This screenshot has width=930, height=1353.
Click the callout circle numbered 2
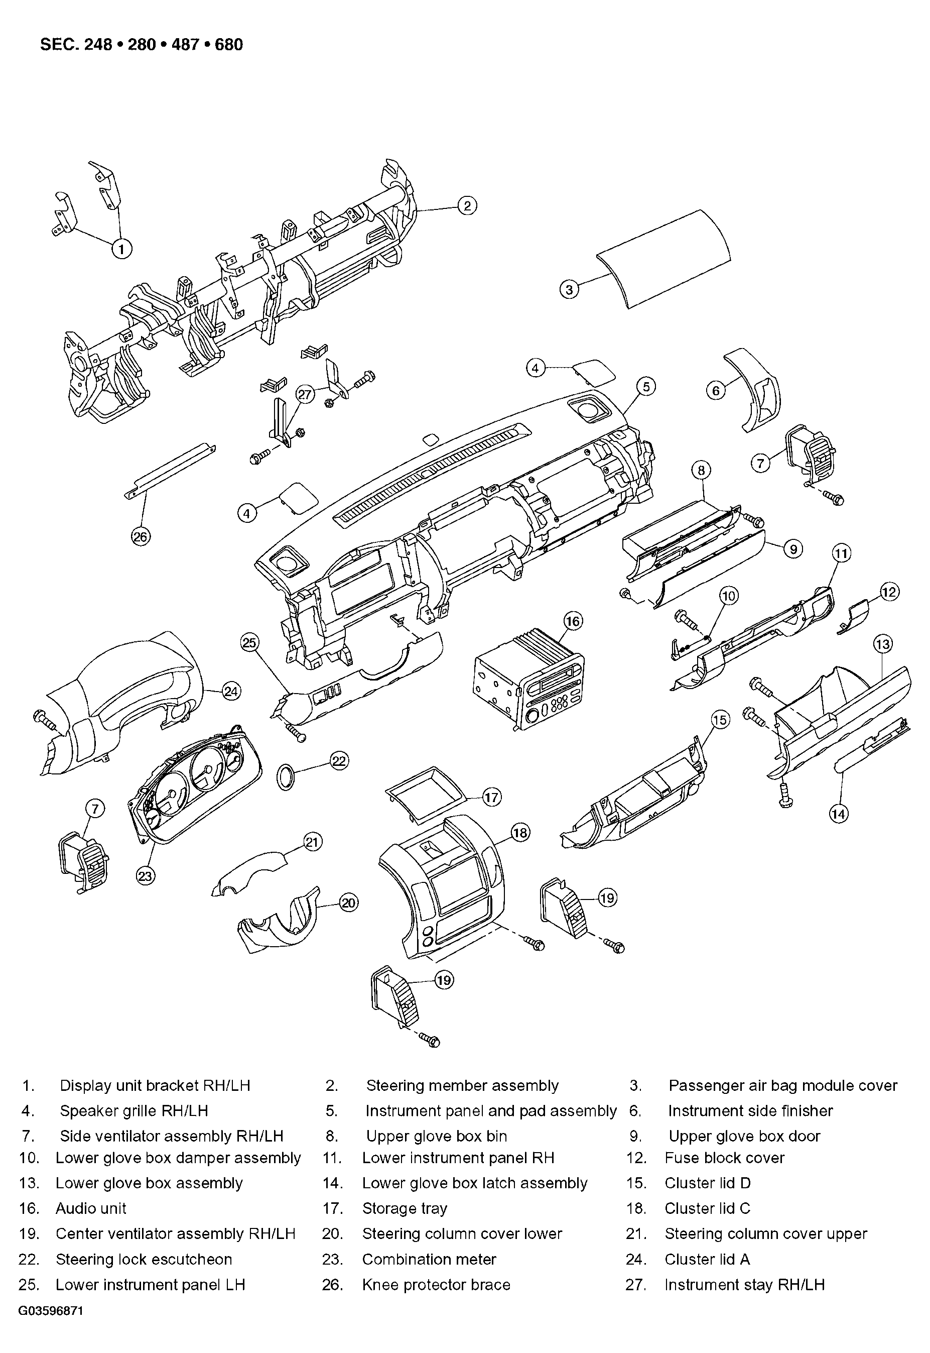[467, 206]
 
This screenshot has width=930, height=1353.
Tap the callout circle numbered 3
[569, 289]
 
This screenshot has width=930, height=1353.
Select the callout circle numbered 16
[573, 621]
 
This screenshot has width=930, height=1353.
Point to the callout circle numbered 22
[339, 760]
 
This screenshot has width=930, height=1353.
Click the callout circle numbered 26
[141, 536]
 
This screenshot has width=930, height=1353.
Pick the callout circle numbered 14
[839, 813]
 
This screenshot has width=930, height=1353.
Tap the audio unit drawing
[529, 682]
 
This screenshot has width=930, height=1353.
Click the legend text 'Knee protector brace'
[436, 1284]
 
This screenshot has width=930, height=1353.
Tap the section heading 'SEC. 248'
[76, 45]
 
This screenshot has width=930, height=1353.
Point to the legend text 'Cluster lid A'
[707, 1259]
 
